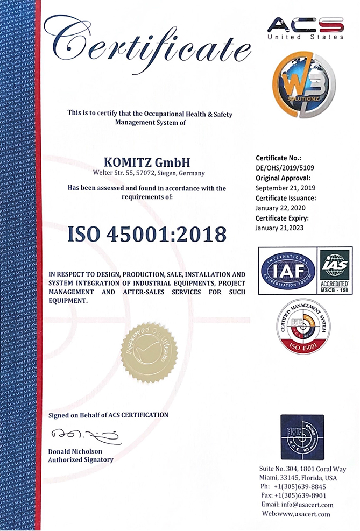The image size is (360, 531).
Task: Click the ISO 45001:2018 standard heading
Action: coord(147,234)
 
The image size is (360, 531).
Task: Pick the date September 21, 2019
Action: coord(286,188)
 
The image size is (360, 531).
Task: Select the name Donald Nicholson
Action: coord(75,451)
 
